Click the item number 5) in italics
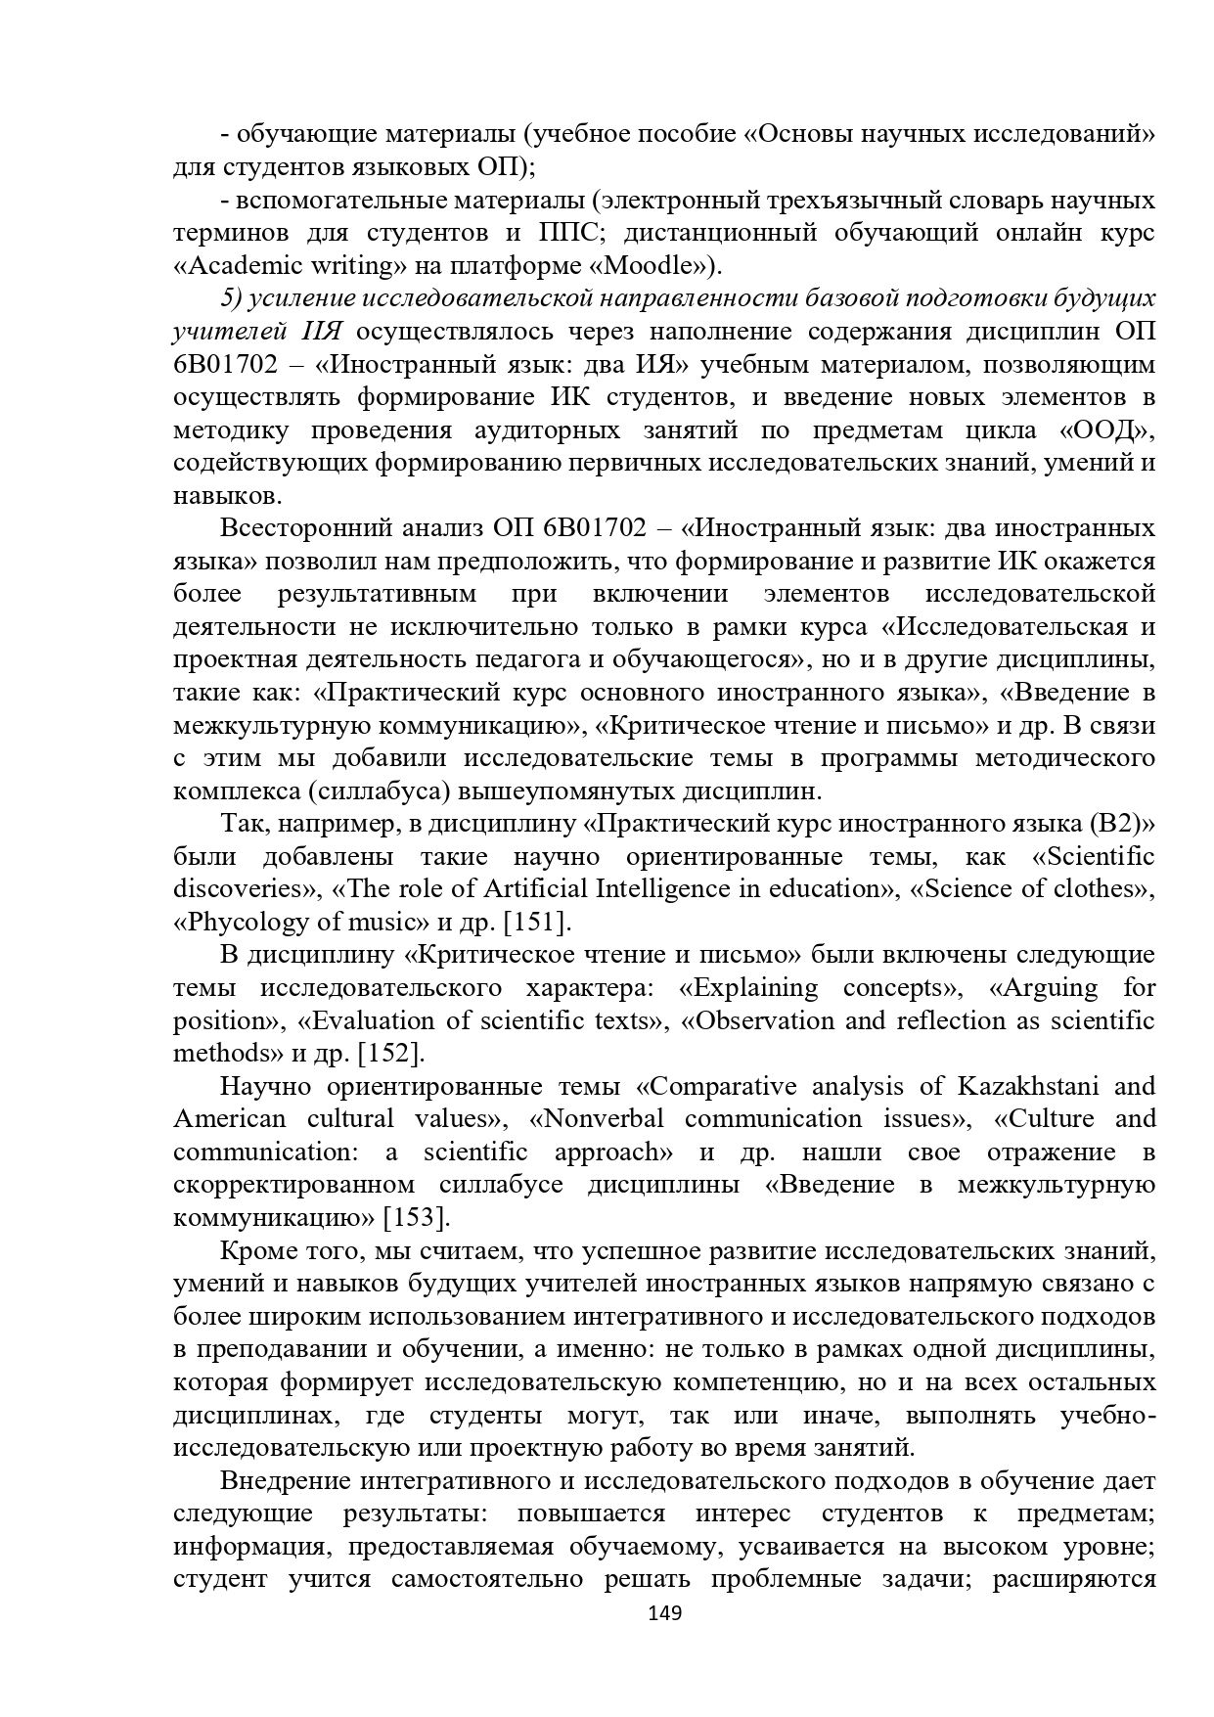coord(231,298)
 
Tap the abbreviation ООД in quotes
coord(1103,429)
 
